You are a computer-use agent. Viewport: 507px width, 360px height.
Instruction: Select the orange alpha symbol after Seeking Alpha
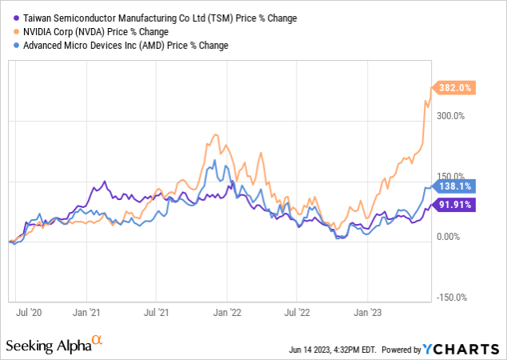[98, 341]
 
